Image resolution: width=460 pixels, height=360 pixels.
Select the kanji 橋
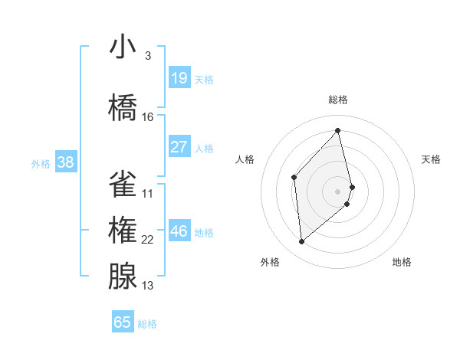(x=123, y=108)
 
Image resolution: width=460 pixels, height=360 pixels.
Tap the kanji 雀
(x=123, y=185)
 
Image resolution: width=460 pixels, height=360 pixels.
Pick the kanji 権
(x=123, y=231)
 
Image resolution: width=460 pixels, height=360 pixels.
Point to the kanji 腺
(x=123, y=277)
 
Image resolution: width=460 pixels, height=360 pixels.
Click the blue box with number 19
(x=179, y=78)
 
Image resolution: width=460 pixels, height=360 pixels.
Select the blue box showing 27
(x=179, y=147)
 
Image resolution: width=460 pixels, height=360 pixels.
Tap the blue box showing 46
(x=179, y=231)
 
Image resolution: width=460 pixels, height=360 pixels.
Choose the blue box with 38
(x=65, y=162)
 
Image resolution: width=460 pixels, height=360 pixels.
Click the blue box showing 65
(x=123, y=322)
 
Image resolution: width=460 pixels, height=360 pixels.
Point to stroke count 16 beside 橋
(x=148, y=117)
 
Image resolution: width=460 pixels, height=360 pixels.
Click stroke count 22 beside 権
(x=148, y=240)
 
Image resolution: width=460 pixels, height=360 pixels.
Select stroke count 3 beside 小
(x=148, y=56)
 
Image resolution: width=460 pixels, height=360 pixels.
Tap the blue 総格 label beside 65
(x=148, y=324)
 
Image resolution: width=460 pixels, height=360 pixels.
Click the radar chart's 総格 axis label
(x=338, y=100)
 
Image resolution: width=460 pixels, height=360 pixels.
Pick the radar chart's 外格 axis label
(x=270, y=262)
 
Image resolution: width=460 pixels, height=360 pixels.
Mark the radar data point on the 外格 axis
(x=302, y=242)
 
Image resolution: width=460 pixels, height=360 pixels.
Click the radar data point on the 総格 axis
(x=338, y=131)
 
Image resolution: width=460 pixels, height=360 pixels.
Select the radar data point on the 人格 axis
(x=294, y=177)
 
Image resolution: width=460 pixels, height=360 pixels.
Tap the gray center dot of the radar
(x=338, y=191)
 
